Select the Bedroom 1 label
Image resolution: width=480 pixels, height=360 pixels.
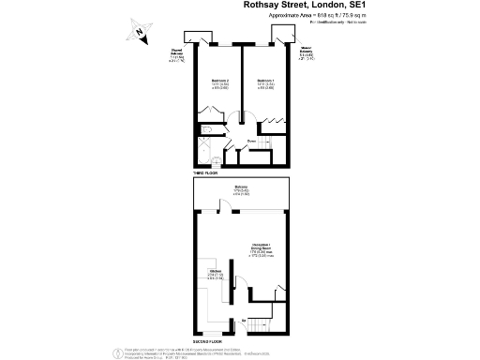[x=265, y=85]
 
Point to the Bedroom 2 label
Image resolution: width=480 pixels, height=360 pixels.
[x=219, y=85]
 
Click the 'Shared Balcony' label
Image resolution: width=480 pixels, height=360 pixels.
[x=176, y=55]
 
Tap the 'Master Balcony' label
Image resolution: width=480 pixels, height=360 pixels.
[x=305, y=56]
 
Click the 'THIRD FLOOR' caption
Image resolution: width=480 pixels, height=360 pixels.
[x=205, y=173]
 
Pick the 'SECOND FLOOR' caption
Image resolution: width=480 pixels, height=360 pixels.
[x=209, y=339]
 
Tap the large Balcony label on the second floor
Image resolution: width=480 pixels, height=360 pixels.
[x=241, y=190]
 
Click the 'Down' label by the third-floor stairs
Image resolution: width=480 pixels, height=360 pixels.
[x=252, y=142]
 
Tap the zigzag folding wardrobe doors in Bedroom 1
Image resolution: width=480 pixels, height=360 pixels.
[x=273, y=121]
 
